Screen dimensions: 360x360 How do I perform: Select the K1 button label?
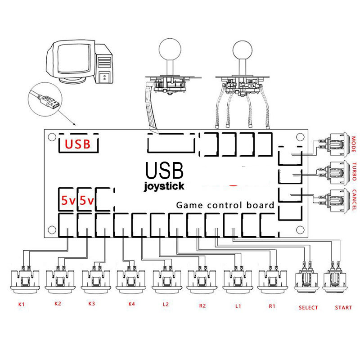pos(21,305)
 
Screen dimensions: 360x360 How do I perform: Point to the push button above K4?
pos(131,279)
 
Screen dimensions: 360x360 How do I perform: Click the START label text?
pos(344,308)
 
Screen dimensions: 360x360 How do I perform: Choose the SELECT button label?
pos(308,308)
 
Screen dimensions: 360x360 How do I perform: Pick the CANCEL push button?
pos(338,198)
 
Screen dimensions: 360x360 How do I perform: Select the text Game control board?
pos(225,205)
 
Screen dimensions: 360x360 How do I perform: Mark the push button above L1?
pos(237,279)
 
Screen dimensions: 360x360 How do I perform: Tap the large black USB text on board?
pos(164,171)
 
